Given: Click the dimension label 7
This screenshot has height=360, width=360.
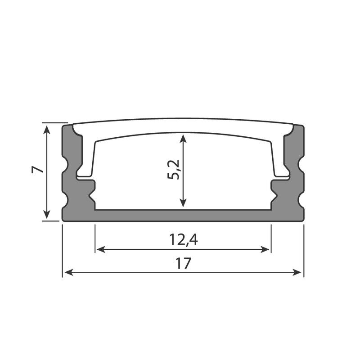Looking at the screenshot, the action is point(37,170).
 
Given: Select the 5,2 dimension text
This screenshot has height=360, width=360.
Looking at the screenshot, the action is point(173,170).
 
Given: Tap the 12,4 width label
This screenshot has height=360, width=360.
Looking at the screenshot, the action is point(183,240).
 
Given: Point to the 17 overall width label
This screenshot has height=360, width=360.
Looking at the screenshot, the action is point(183,264).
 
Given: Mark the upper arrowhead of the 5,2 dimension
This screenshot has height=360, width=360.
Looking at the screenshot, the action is point(183,138).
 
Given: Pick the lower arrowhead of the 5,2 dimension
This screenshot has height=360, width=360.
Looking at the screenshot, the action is point(183,203).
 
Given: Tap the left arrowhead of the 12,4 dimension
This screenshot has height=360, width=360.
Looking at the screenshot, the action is point(100,249).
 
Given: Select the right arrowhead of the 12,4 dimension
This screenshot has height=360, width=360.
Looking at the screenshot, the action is point(265,249).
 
